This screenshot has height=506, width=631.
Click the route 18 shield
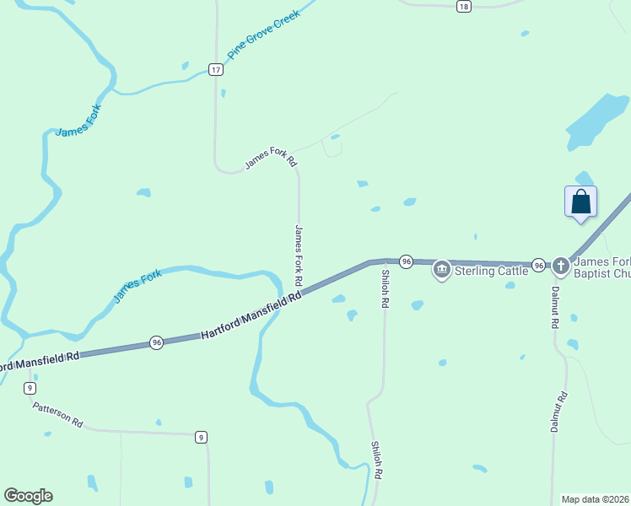coord(463,6)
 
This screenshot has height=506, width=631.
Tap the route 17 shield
coord(217,69)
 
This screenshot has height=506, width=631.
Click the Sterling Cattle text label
coord(491,271)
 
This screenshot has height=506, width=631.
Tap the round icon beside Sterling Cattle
coord(441,270)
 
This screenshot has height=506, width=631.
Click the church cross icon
coord(561,267)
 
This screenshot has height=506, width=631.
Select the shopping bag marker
coord(580,202)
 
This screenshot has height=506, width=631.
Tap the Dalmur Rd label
coord(557,412)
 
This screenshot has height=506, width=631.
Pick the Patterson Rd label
coord(58,414)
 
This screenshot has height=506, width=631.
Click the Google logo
coord(28,496)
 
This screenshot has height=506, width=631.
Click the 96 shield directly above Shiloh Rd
coord(406,262)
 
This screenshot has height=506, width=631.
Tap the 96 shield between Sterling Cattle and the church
coord(537,264)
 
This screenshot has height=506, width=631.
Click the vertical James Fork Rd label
coord(299,253)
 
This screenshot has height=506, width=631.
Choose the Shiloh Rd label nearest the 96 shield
coord(385,288)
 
